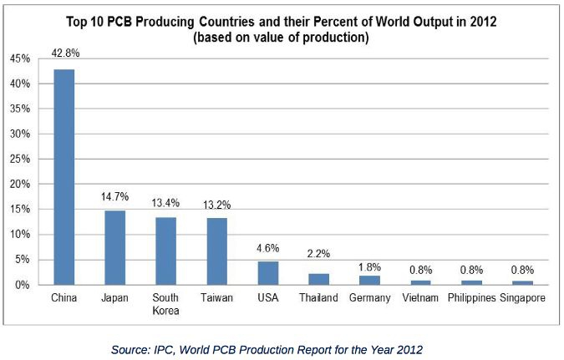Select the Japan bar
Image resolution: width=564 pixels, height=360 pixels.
pos(114,247)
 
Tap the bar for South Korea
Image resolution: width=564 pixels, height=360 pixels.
pos(165,251)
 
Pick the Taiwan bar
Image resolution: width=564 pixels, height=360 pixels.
pos(216,251)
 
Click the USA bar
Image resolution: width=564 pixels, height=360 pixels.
pos(267,273)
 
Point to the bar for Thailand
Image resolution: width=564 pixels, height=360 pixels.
pos(318,279)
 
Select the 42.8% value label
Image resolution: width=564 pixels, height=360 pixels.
pos(64,53)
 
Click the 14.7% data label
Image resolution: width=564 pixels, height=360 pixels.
pos(114,195)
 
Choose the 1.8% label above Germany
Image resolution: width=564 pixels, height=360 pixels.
pos(369,266)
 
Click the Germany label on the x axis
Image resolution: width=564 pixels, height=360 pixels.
pos(369,298)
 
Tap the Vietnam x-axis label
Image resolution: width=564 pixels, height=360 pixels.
pos(420,298)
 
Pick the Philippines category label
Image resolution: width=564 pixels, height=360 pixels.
pos(471,298)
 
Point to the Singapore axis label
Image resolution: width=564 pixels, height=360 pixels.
pos(523,298)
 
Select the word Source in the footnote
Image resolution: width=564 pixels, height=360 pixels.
pos(130,351)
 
